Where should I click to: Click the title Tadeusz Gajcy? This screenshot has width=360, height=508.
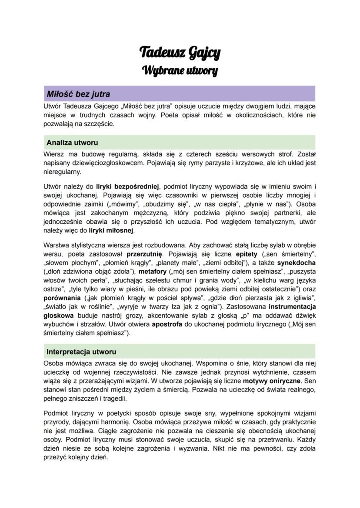tap(180, 53)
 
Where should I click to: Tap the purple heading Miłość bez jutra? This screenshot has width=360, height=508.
tap(78, 94)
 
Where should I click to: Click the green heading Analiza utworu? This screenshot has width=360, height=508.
tap(72, 143)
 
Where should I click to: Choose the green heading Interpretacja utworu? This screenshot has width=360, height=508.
tap(81, 351)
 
